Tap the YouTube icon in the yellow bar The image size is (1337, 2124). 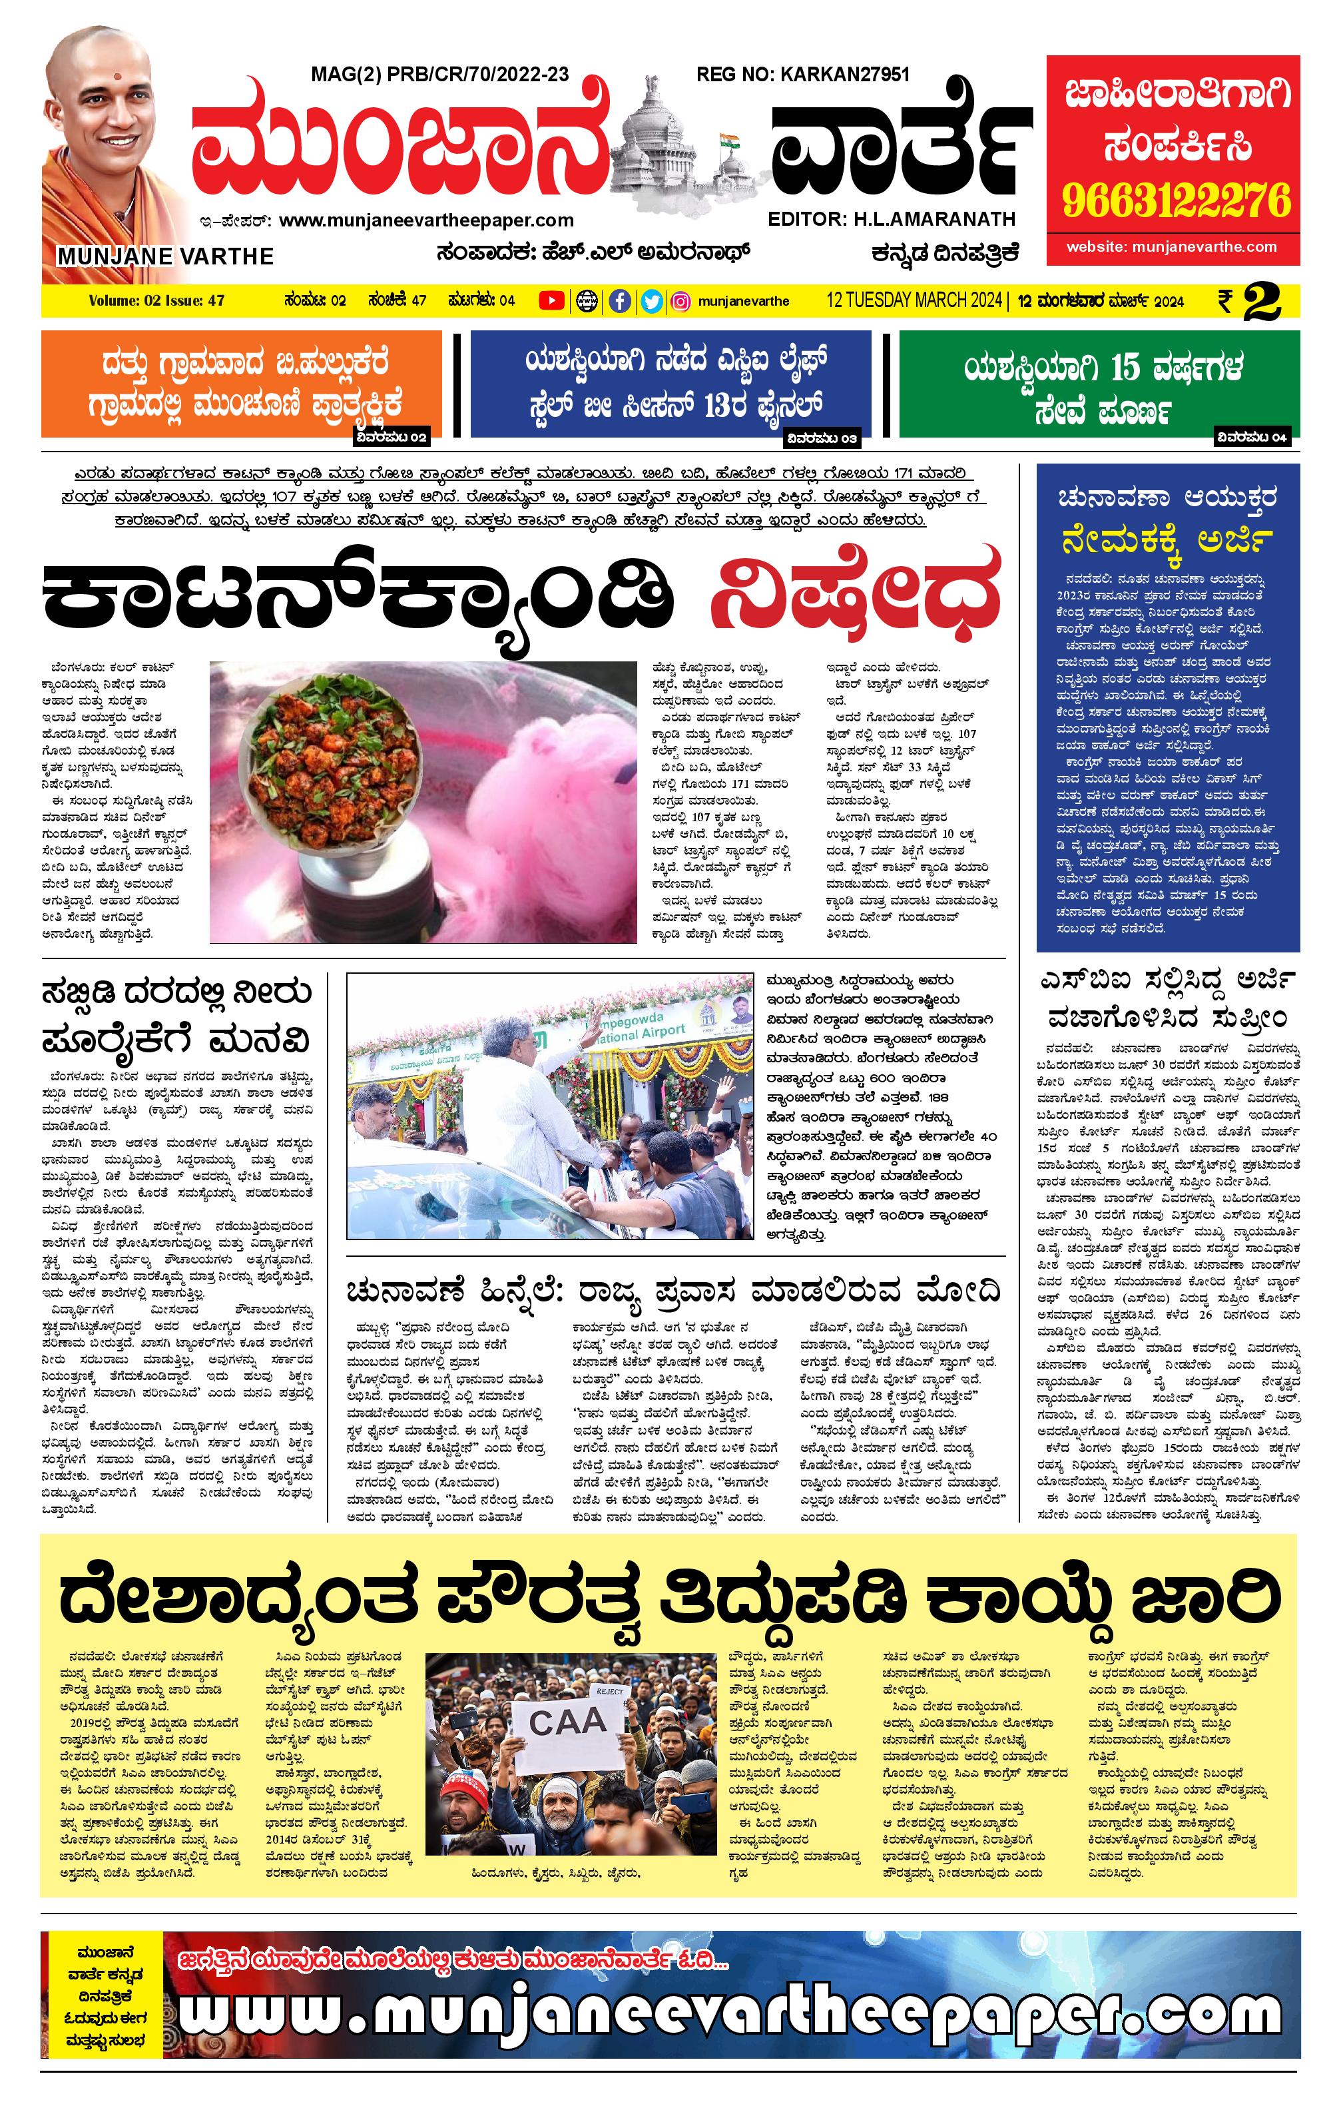[551, 301]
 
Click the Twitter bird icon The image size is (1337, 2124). [652, 302]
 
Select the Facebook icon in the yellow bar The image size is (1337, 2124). [620, 302]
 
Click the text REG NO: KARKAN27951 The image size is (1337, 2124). [802, 75]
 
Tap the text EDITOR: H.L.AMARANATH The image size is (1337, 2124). [892, 218]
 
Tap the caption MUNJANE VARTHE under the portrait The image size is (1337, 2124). [166, 256]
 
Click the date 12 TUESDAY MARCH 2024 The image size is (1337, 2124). [913, 301]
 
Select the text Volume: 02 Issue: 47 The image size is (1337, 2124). [156, 301]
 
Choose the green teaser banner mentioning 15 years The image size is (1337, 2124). [1099, 384]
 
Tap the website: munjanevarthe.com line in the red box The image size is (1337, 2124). [1171, 247]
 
